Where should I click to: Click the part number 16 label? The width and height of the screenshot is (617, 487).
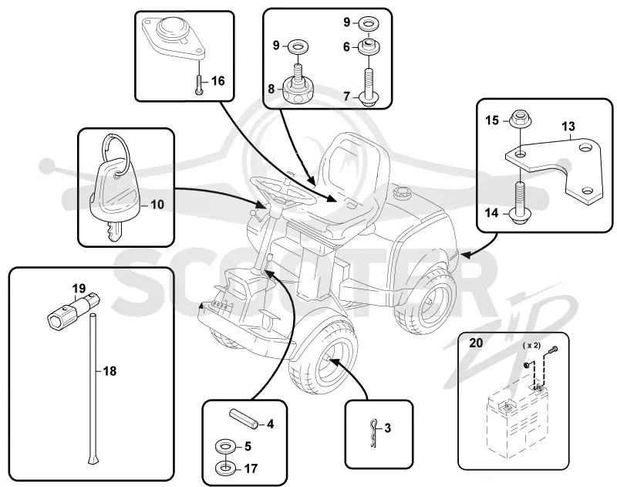[x=218, y=81]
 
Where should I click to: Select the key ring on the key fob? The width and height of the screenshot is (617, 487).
[x=115, y=153]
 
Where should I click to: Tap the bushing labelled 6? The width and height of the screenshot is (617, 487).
[x=369, y=46]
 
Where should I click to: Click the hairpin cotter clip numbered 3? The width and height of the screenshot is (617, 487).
[x=374, y=433]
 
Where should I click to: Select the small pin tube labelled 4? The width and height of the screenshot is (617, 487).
[x=244, y=418]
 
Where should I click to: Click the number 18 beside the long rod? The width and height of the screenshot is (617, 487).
[x=110, y=371]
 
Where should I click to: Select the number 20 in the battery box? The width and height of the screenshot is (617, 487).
[x=476, y=343]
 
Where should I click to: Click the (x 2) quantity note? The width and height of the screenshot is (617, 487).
[x=531, y=345]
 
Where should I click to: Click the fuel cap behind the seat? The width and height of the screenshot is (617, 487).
[x=402, y=193]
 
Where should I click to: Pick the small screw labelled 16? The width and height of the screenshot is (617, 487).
[x=200, y=84]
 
